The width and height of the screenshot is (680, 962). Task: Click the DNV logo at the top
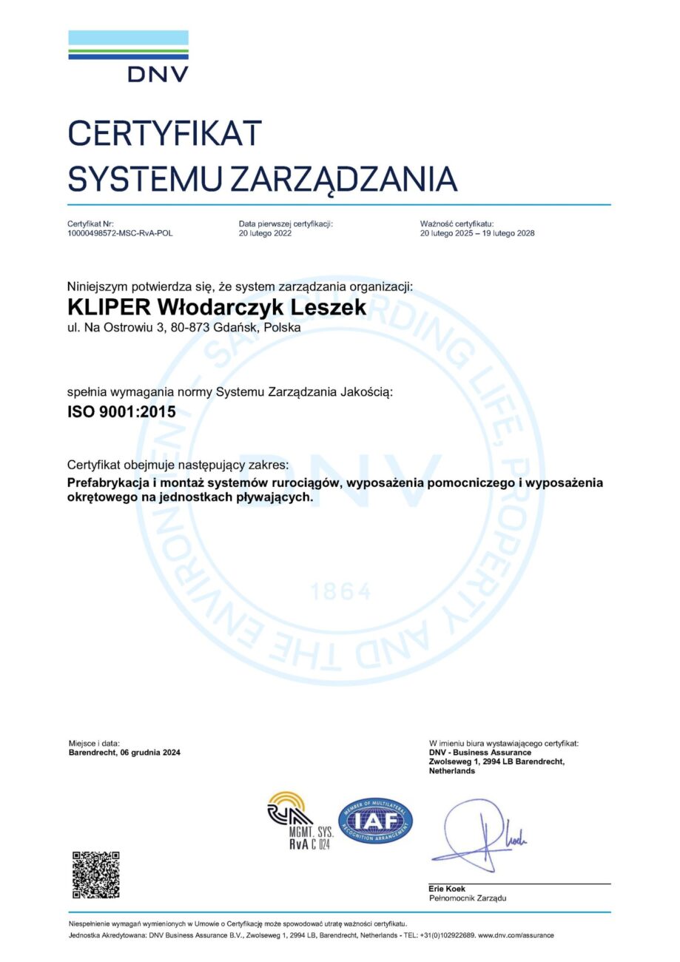tap(128, 55)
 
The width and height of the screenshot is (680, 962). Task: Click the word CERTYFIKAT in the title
tap(165, 133)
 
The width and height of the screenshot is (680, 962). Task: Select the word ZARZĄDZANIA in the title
tap(343, 179)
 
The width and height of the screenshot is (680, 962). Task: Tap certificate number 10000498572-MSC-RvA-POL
tap(120, 233)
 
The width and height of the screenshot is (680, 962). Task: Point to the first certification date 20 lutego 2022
tap(265, 233)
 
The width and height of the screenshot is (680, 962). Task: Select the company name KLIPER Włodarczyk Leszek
tap(217, 307)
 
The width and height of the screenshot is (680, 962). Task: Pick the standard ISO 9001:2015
tap(121, 412)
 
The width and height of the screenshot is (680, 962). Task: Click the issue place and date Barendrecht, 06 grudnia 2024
tap(124, 753)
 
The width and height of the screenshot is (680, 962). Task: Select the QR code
tap(95, 875)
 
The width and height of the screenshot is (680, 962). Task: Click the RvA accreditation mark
tap(298, 820)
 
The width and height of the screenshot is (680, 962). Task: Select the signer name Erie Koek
tap(447, 889)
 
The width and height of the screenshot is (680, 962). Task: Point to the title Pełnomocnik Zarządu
tap(468, 898)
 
